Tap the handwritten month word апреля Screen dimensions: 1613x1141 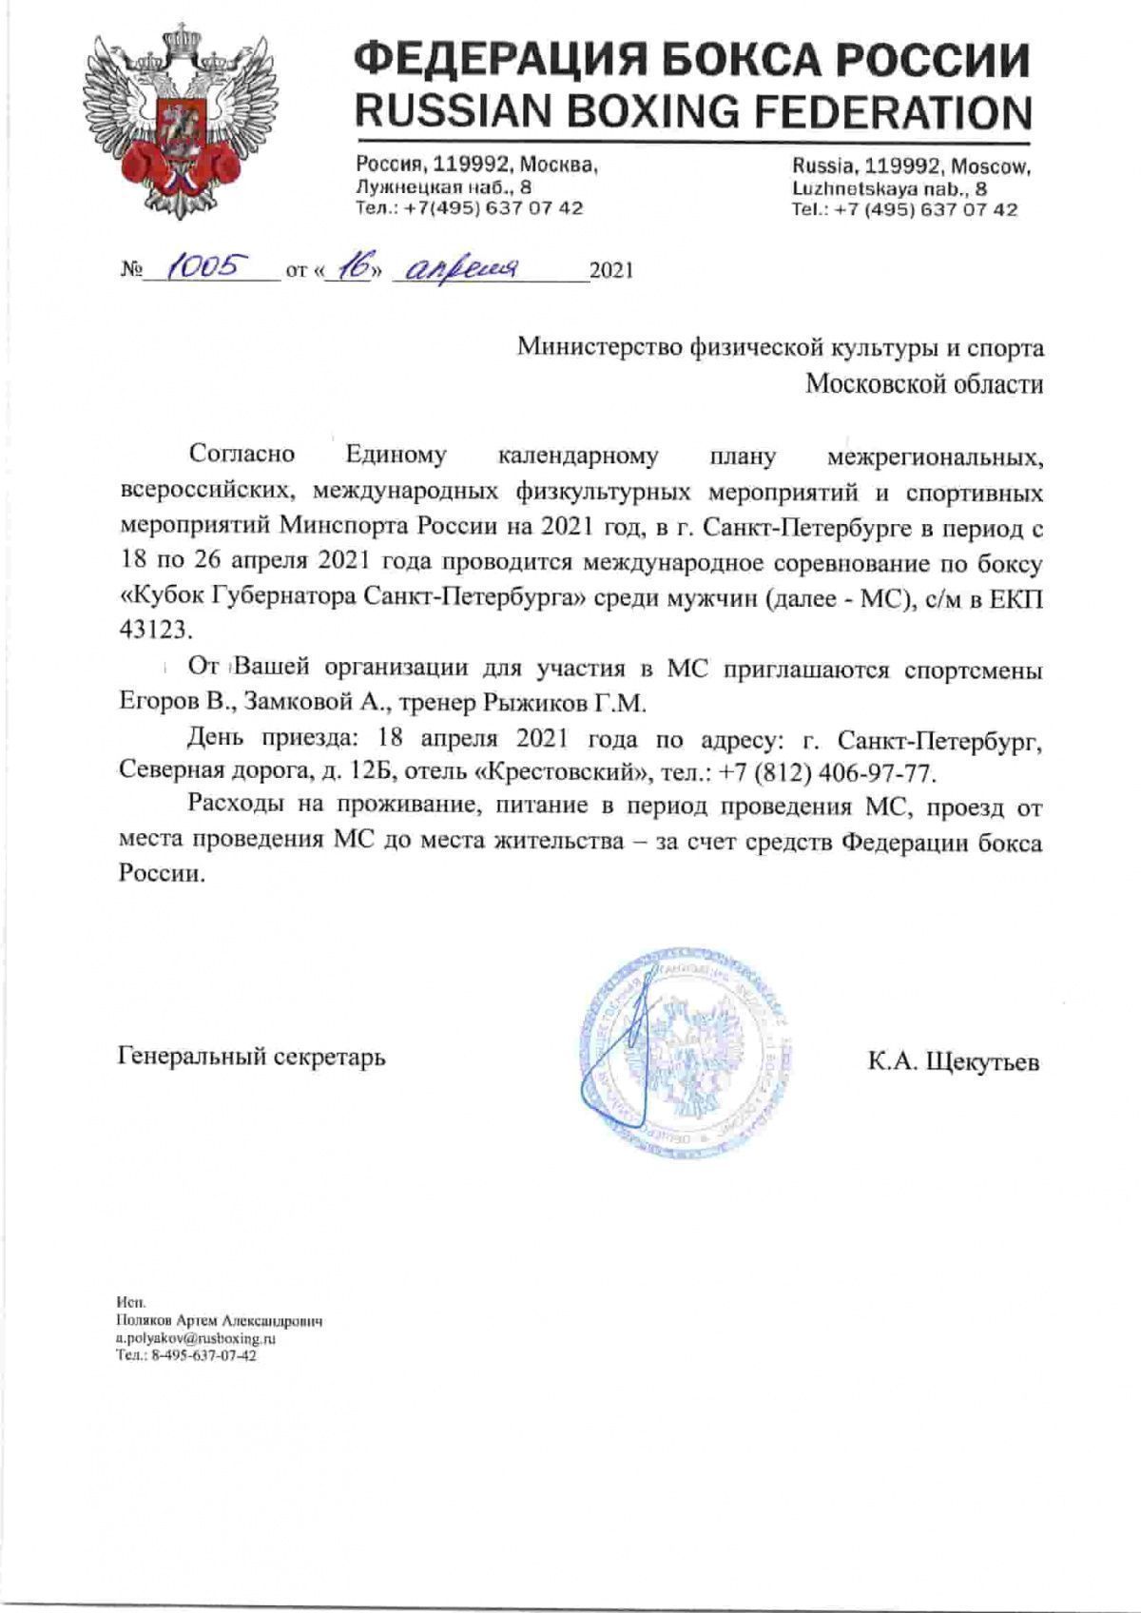click(x=461, y=268)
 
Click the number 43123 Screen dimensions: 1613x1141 click(x=150, y=631)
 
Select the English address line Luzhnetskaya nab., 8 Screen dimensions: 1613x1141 click(x=889, y=189)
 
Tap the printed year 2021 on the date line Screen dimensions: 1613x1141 click(x=610, y=272)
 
